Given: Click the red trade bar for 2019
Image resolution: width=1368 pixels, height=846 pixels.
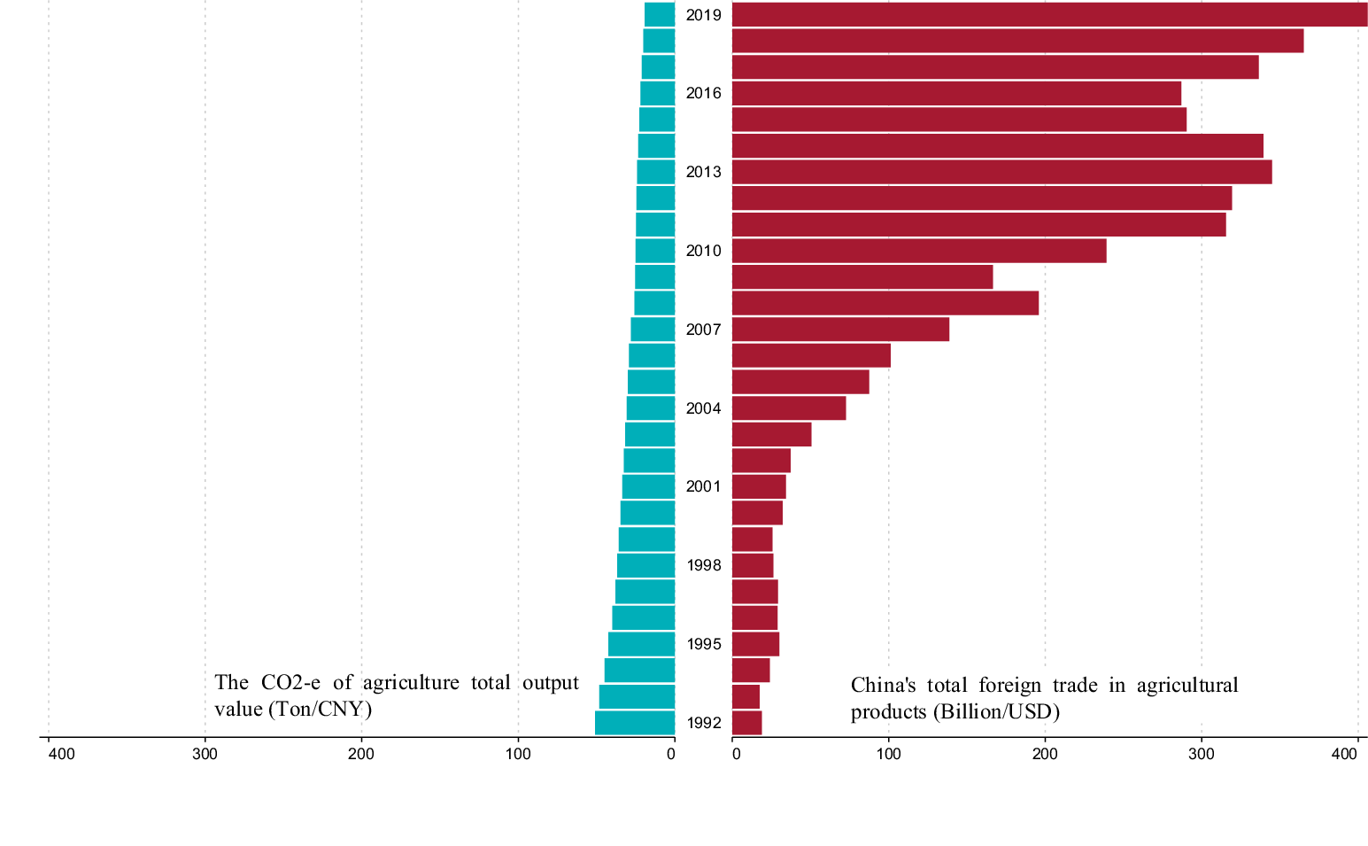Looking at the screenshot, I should [1049, 15].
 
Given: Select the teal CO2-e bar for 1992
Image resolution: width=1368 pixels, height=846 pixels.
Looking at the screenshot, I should [635, 723].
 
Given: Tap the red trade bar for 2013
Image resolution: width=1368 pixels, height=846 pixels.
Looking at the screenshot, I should [1001, 172].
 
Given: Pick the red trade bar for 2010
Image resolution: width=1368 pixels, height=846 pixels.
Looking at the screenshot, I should [919, 251].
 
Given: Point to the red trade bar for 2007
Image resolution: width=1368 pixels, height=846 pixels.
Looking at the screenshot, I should [840, 330].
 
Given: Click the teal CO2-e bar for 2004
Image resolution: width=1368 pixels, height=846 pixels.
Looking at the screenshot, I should [651, 408].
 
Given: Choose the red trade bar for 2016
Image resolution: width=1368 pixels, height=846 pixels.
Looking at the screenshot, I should [956, 93].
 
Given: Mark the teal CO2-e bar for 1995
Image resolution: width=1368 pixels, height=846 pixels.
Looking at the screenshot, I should [642, 644].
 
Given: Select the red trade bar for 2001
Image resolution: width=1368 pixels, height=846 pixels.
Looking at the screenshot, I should [759, 487].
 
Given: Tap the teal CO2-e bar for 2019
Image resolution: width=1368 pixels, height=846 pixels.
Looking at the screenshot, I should [660, 15].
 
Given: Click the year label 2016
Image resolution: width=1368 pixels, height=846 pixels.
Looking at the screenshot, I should [703, 94].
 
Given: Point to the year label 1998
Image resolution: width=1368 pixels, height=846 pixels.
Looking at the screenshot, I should [703, 566].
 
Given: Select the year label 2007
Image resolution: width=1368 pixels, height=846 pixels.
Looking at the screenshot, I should [703, 330].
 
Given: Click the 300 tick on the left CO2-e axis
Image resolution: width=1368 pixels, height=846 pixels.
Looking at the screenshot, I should [205, 754].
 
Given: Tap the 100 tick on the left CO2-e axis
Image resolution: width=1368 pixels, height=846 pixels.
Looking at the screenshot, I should [518, 754].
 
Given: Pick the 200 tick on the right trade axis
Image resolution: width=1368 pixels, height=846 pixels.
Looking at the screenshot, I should [1045, 754].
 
